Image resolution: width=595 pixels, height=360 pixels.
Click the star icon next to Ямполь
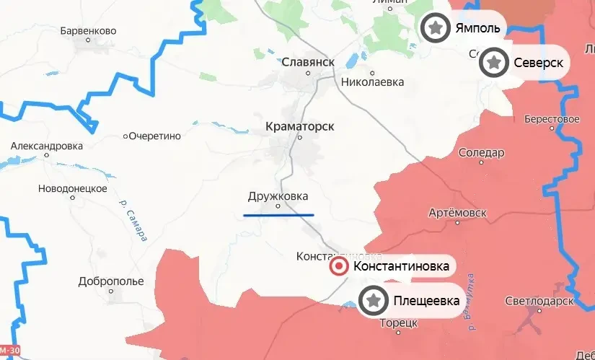point(434,28)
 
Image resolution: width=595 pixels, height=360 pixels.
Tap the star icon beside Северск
point(493,63)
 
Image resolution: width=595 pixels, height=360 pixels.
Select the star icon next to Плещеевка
point(373,300)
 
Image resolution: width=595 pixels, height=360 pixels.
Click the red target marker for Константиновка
point(338,267)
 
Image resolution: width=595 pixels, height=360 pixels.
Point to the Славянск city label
point(309,62)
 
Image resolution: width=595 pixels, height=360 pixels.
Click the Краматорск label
point(300,126)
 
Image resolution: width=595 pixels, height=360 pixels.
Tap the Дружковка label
point(278,196)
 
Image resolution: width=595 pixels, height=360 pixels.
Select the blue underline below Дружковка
point(278,214)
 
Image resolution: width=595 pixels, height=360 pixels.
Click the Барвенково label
point(89,32)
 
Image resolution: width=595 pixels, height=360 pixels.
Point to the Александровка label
point(47,146)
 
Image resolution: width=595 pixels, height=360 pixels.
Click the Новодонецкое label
point(73,189)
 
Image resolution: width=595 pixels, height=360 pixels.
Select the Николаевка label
point(372,82)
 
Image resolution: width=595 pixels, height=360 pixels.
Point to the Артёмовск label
point(457,214)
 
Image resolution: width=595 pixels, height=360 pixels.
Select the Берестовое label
point(552,118)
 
